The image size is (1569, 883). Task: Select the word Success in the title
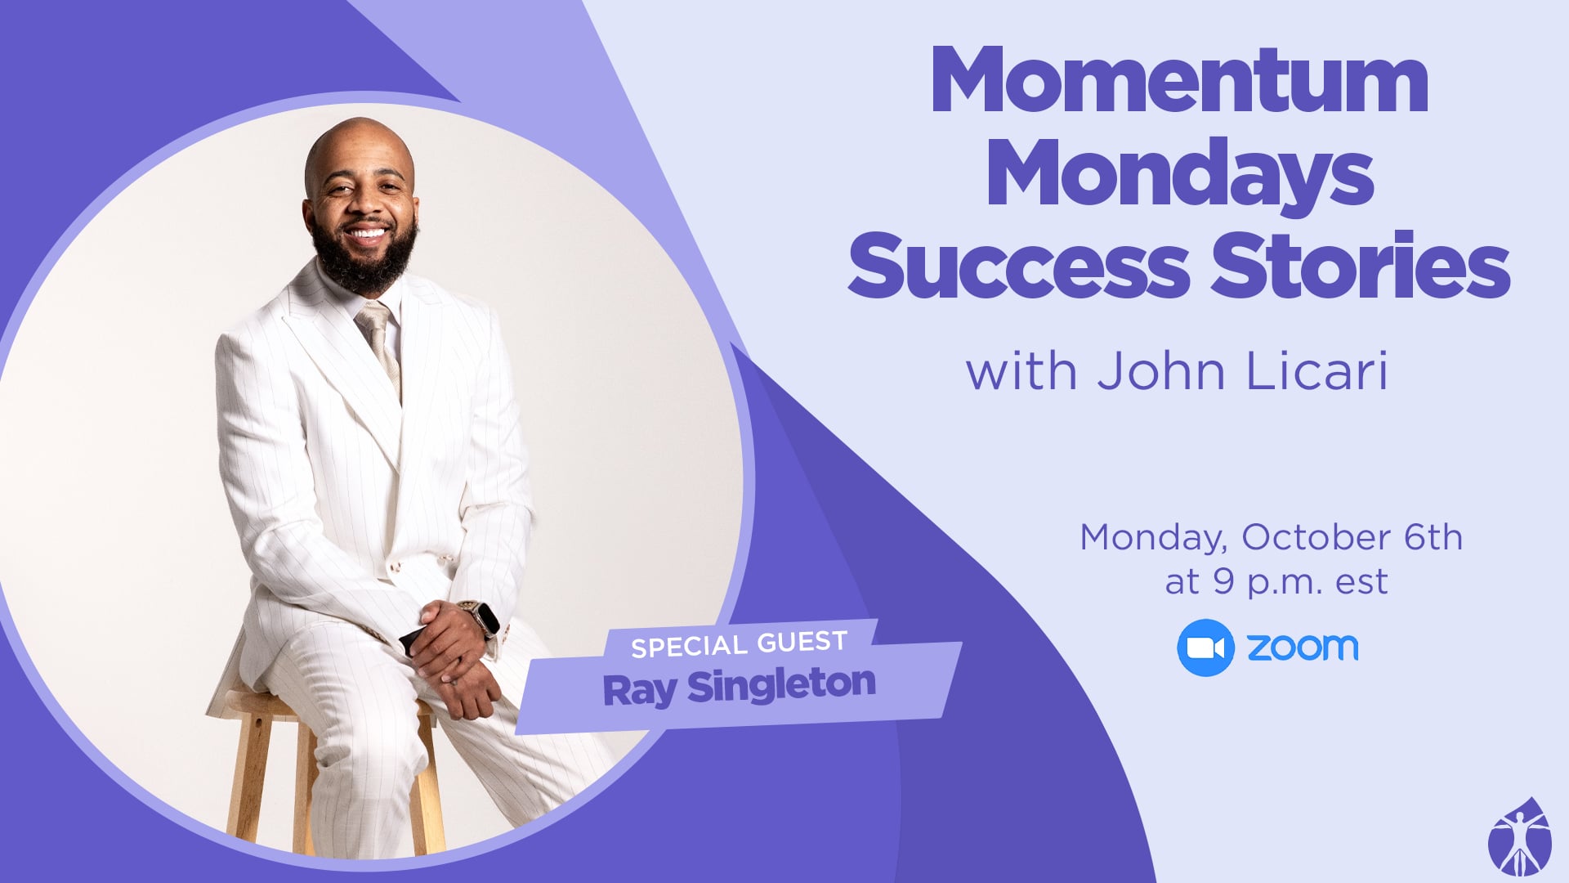1018,266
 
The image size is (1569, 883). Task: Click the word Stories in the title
1361,263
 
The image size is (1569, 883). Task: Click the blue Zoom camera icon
1205,648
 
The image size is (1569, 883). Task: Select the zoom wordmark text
1303,648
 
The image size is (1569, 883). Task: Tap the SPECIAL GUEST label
739,644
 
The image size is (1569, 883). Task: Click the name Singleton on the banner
781,685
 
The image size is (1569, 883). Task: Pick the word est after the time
1361,582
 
